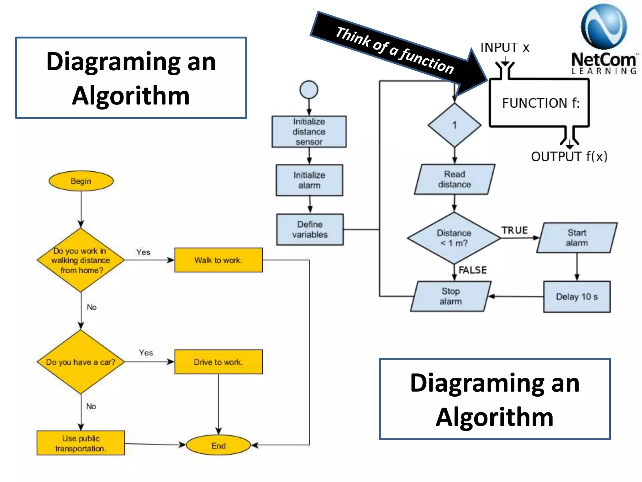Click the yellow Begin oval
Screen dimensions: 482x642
tap(81, 181)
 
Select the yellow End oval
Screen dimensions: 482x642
tap(218, 445)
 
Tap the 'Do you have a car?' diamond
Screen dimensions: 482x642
tap(81, 362)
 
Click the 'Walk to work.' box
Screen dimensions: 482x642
tap(218, 260)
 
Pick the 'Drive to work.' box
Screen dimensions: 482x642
tap(218, 362)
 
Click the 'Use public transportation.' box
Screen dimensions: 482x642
tap(81, 443)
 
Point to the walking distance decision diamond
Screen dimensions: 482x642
tap(81, 260)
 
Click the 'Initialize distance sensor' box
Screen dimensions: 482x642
tap(309, 131)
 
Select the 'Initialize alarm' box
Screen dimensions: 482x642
tap(309, 180)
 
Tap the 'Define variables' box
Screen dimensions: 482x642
tap(310, 229)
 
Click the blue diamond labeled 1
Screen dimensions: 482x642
tap(454, 125)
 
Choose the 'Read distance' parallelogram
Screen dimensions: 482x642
tap(455, 179)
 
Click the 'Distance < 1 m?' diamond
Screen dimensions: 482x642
tap(454, 238)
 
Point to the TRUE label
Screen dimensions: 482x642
tap(514, 230)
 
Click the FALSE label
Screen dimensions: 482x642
tap(472, 270)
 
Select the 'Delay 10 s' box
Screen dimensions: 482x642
tap(576, 297)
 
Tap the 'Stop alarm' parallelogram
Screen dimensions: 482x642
tap(450, 296)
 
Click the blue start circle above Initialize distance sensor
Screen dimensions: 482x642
tap(309, 90)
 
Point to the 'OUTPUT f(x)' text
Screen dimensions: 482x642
tap(569, 156)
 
